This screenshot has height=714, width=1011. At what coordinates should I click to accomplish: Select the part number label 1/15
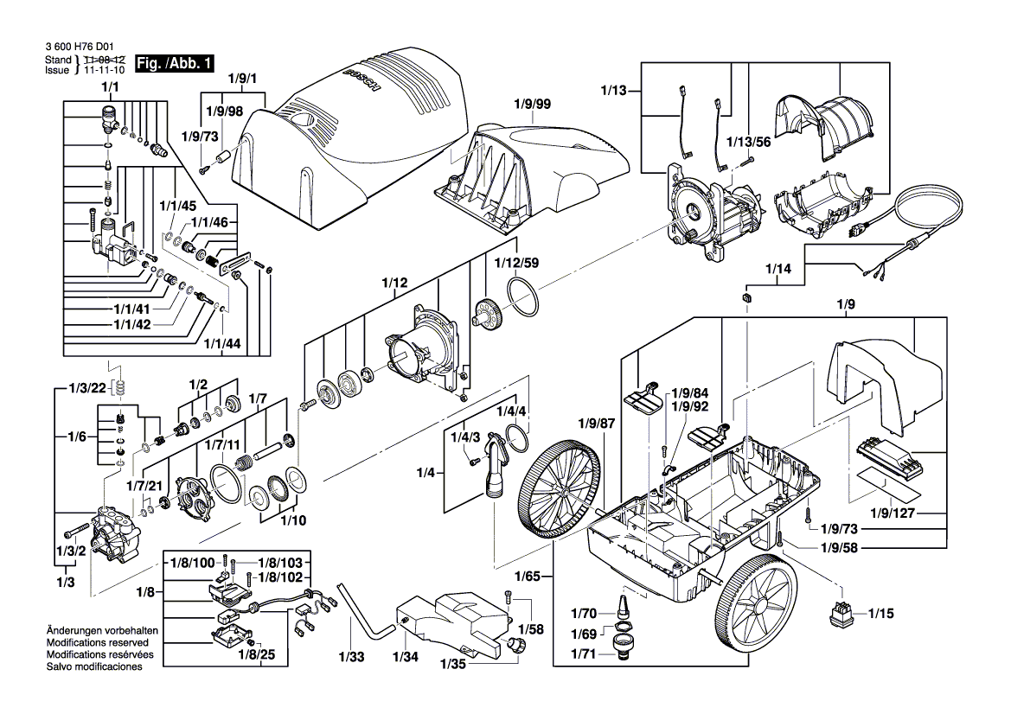(x=881, y=614)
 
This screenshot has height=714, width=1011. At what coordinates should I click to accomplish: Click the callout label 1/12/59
(x=516, y=263)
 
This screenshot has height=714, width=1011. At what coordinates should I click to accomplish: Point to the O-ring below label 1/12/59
(x=523, y=296)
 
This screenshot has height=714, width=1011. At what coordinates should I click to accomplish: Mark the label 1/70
(x=585, y=614)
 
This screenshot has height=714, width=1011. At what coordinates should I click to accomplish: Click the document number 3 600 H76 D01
(x=77, y=48)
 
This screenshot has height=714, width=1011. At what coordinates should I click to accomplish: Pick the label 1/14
(x=778, y=269)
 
